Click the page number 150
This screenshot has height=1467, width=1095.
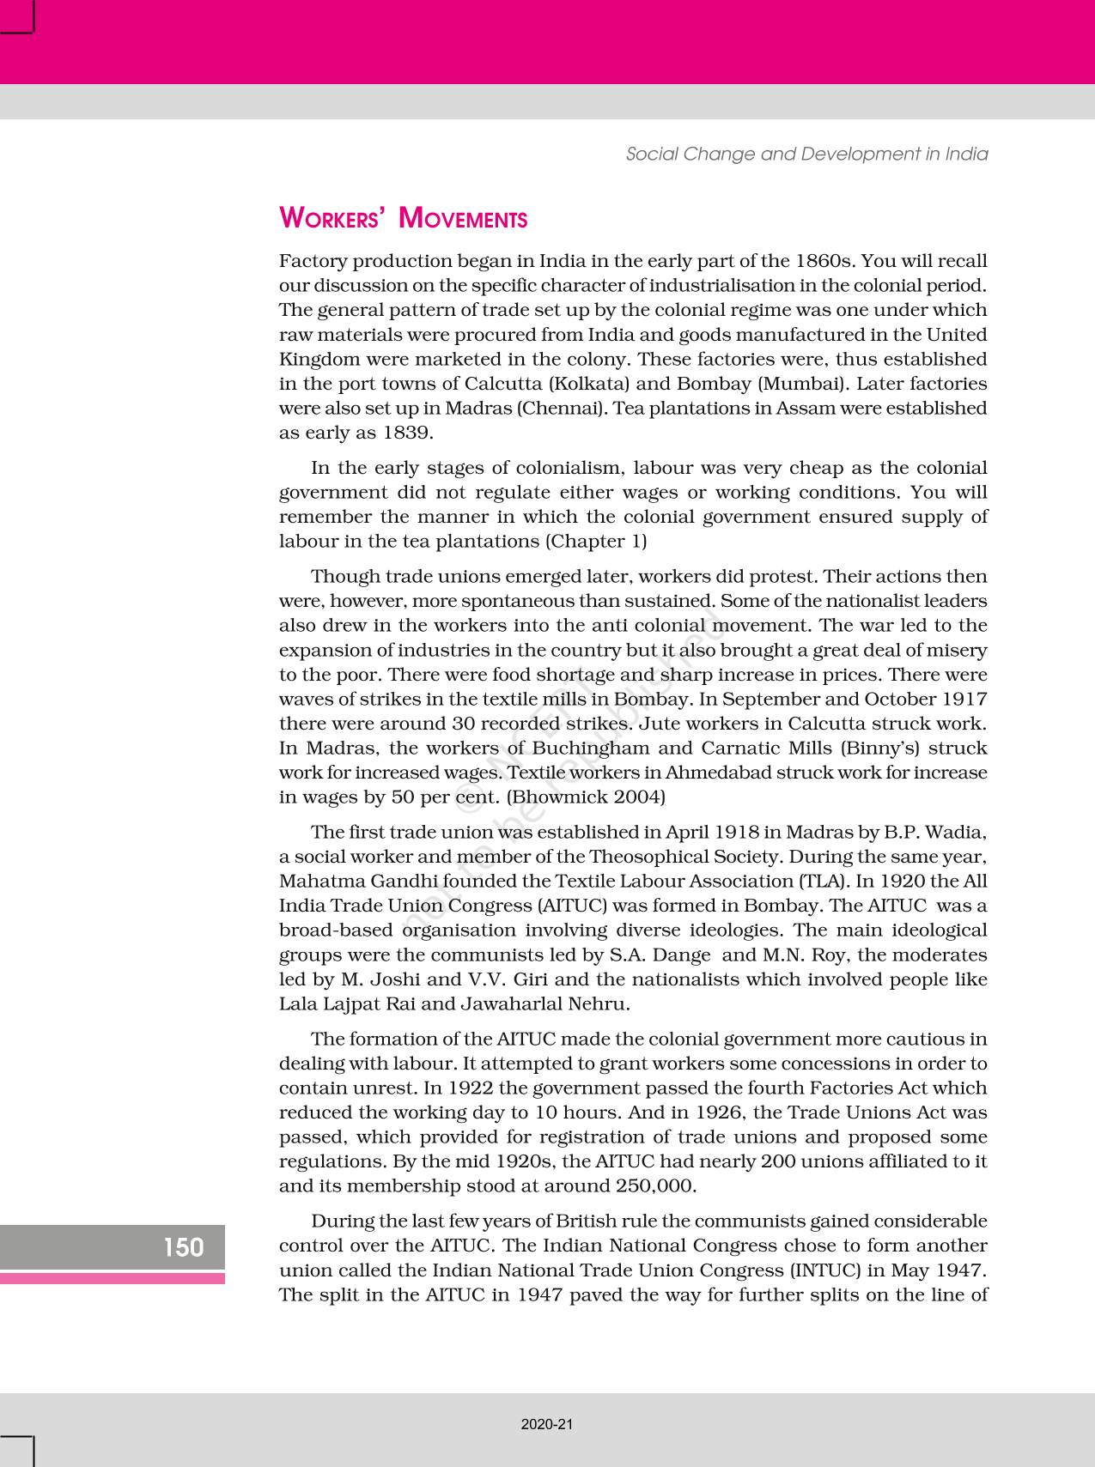pos(184,1246)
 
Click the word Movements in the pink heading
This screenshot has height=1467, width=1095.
pos(464,219)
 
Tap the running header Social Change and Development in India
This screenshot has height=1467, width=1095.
pos(806,154)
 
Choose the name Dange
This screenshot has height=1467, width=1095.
pos(684,955)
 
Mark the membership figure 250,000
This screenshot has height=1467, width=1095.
pos(655,1186)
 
